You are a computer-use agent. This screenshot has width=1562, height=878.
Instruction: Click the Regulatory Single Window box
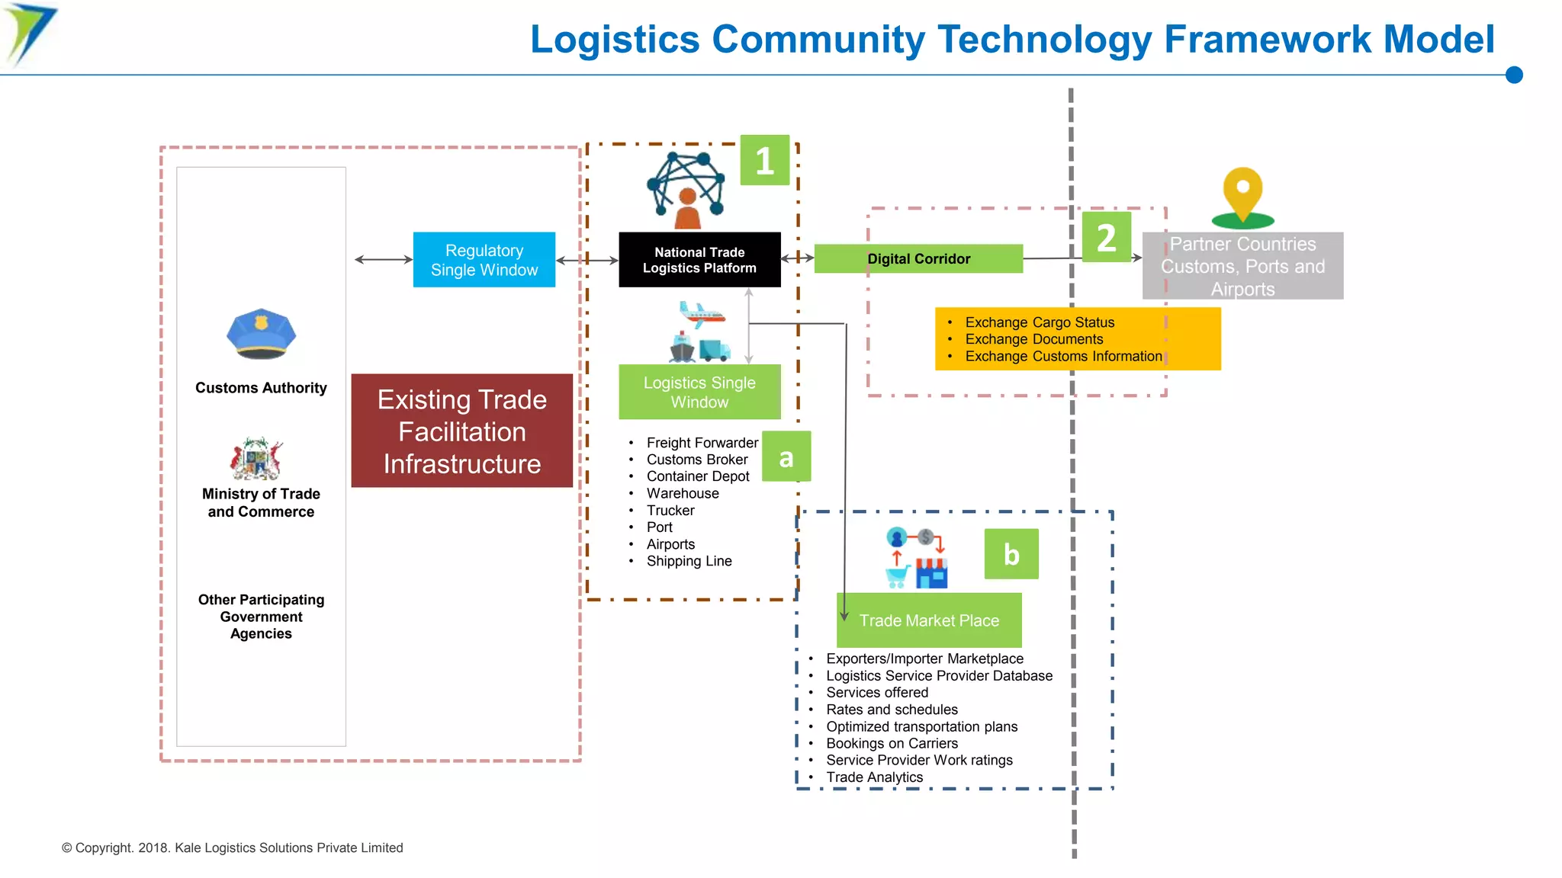(484, 260)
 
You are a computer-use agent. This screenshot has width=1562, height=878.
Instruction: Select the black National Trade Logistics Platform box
(699, 260)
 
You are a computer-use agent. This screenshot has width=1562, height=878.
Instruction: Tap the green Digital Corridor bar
(918, 258)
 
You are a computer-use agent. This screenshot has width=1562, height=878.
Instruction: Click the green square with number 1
(764, 161)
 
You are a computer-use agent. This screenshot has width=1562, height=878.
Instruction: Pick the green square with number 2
(1106, 237)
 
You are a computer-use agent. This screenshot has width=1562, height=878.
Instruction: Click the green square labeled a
(786, 457)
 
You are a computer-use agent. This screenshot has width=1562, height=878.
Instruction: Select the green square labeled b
(1011, 554)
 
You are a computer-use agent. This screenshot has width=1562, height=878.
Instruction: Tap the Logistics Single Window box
(699, 392)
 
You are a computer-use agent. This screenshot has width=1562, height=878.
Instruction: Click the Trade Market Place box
(929, 620)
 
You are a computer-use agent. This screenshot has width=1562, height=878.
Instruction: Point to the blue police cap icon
(261, 334)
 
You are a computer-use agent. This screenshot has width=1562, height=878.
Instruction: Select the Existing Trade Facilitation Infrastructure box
(461, 431)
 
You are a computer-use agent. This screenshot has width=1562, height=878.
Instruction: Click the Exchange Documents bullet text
(1033, 339)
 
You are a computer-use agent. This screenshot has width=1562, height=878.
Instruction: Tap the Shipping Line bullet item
(689, 561)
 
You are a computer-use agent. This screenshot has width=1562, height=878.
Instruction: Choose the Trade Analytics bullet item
(874, 777)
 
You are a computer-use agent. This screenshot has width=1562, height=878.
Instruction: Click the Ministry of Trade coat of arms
(257, 458)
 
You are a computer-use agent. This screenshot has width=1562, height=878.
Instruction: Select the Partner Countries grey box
(1242, 266)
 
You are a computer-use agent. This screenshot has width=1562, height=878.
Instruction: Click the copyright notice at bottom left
(232, 848)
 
